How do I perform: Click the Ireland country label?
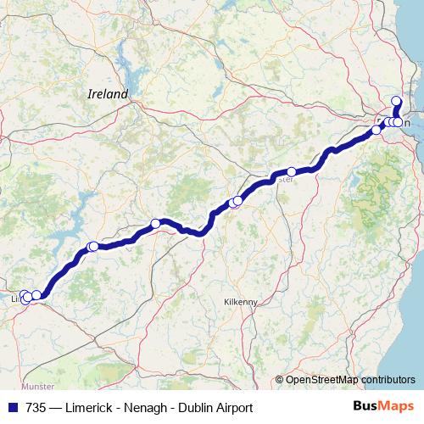click(x=108, y=95)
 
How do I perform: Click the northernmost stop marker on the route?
click(x=396, y=101)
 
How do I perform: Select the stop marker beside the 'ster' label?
click(x=292, y=171)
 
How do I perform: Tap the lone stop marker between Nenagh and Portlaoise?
click(x=155, y=223)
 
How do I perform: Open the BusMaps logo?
click(x=382, y=408)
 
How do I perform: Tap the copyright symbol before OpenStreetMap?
click(x=280, y=379)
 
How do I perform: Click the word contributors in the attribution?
click(x=388, y=379)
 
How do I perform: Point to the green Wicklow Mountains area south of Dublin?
click(x=377, y=191)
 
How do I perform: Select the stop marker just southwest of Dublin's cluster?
click(x=377, y=130)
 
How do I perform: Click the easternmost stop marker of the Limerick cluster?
click(x=36, y=295)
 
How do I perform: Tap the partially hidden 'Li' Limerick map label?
click(x=15, y=299)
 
